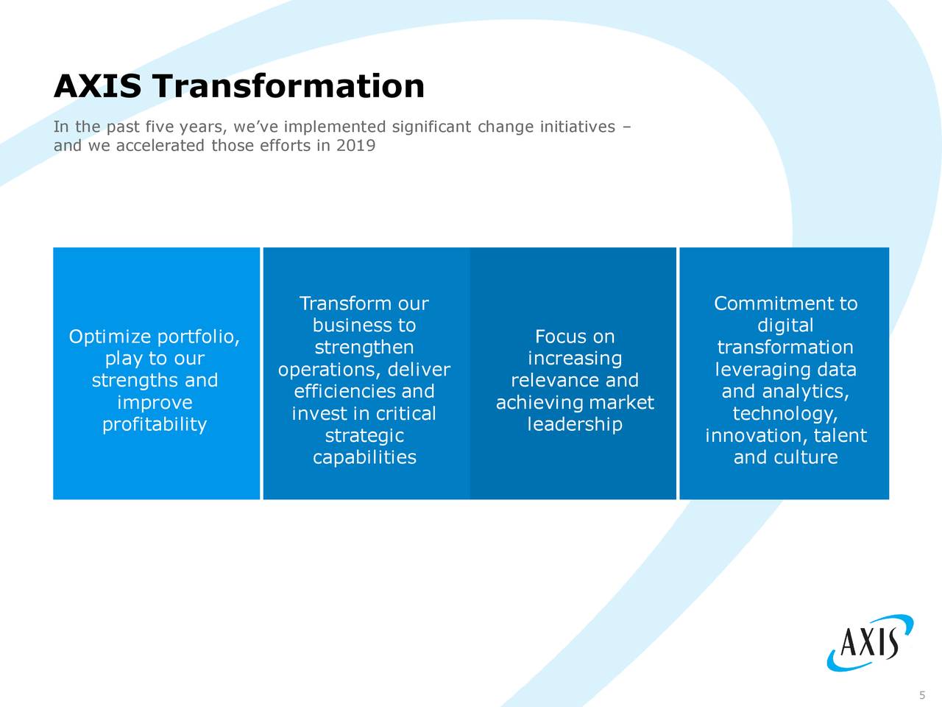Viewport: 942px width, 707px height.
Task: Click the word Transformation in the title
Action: pyautogui.click(x=289, y=87)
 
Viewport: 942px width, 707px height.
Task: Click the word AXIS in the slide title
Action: pyautogui.click(x=97, y=87)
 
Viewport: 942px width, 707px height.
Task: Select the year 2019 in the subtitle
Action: pyautogui.click(x=355, y=146)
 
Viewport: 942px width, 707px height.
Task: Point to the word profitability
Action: pyautogui.click(x=155, y=425)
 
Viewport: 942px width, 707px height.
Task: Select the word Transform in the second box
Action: pyautogui.click(x=345, y=304)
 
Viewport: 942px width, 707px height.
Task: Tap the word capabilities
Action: pyautogui.click(x=364, y=458)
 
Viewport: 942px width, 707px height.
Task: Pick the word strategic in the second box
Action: pyautogui.click(x=364, y=436)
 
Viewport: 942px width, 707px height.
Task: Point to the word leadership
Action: pyautogui.click(x=575, y=425)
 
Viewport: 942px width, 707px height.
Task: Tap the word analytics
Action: pyautogui.click(x=807, y=392)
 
